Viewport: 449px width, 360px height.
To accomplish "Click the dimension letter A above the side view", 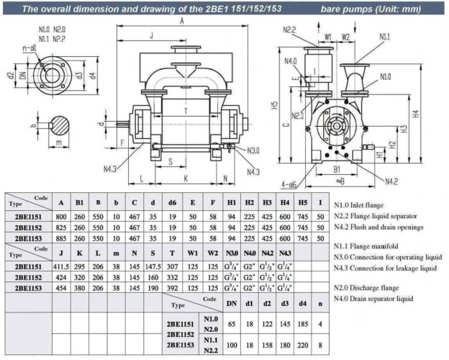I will tap(182, 22).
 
